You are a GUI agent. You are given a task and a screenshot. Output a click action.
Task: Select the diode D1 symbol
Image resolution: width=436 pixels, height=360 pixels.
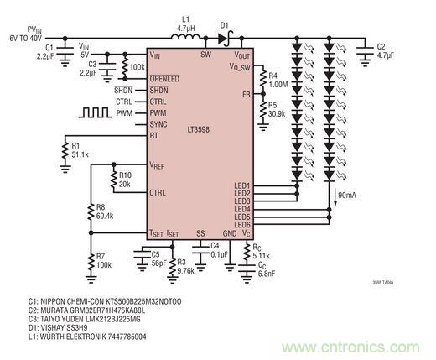(226, 37)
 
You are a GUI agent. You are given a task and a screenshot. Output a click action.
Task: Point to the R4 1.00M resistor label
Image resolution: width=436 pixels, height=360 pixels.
(278, 80)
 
